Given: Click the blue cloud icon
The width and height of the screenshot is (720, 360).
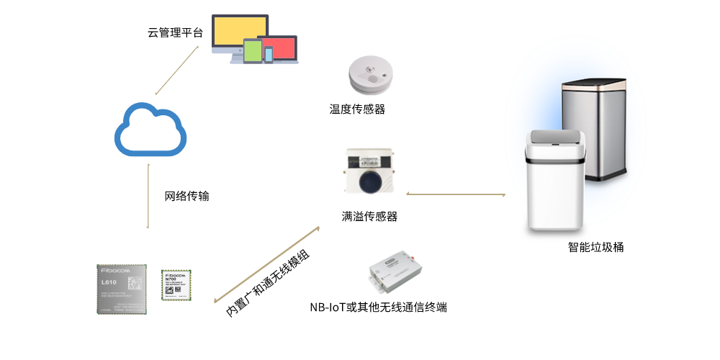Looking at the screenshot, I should (150, 130).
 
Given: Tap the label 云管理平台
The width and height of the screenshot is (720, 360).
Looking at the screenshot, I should (176, 32).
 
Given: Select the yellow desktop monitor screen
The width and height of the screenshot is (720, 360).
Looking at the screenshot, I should (239, 32).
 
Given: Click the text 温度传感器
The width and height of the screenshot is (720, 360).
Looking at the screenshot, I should (357, 109).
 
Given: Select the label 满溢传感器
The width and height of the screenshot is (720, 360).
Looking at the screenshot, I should (369, 216).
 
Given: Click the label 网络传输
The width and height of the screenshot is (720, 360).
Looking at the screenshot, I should (187, 196).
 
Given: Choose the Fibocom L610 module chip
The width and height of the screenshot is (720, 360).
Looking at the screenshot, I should (121, 288).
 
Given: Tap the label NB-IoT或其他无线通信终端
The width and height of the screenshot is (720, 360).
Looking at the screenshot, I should (379, 307).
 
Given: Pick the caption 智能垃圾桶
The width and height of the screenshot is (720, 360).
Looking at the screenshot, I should (595, 247).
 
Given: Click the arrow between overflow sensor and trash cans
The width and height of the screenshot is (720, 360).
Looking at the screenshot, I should (456, 194).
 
